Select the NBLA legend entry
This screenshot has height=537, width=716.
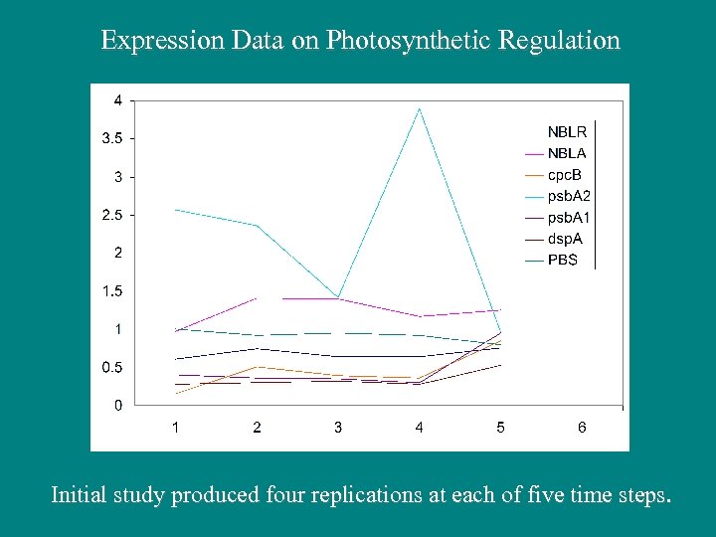[x=567, y=153]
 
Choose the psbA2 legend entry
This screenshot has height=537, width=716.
[x=570, y=196]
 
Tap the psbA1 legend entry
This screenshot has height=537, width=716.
[x=570, y=217]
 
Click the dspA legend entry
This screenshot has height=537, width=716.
[x=566, y=239]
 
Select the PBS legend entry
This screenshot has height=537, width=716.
[x=563, y=260]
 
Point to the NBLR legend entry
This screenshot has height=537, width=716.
[x=567, y=131]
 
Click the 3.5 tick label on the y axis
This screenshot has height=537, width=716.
[x=112, y=138]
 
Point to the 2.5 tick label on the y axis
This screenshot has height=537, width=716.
[x=112, y=215]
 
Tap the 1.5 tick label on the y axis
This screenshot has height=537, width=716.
[x=112, y=291]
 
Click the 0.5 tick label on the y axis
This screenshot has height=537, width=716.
[x=112, y=368]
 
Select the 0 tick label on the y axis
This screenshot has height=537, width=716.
[x=118, y=406]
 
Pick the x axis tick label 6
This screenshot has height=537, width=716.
[x=582, y=428]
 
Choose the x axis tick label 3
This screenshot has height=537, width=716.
[x=338, y=428]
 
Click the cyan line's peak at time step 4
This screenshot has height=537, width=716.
[x=420, y=108]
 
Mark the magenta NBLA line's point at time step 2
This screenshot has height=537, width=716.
[x=257, y=298]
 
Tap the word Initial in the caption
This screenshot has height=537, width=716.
[x=79, y=494]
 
